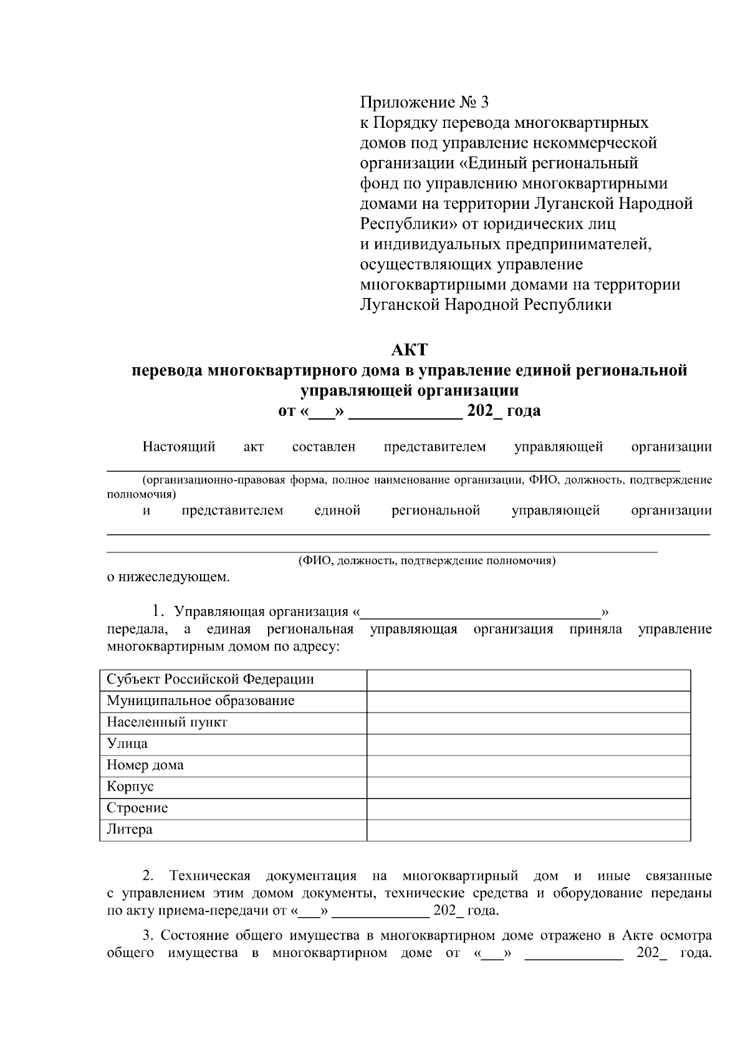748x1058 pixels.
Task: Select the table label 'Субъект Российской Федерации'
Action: [210, 680]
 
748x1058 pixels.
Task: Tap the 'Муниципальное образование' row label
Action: [200, 701]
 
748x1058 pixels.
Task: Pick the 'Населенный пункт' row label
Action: [166, 723]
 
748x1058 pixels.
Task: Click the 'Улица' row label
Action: [127, 744]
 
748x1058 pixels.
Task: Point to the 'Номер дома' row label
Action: [145, 765]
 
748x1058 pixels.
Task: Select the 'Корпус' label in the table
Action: [130, 787]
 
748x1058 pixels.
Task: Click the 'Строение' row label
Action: [137, 808]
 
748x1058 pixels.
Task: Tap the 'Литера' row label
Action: [129, 830]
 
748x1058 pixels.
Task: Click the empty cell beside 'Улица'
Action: [528, 744]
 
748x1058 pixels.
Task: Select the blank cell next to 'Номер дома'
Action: [528, 766]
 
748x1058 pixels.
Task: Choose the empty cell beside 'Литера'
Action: [528, 830]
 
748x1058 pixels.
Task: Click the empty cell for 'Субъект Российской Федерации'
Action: [528, 680]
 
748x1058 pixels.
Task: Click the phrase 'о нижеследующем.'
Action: [168, 577]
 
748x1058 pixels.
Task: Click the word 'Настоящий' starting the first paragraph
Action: [179, 447]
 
